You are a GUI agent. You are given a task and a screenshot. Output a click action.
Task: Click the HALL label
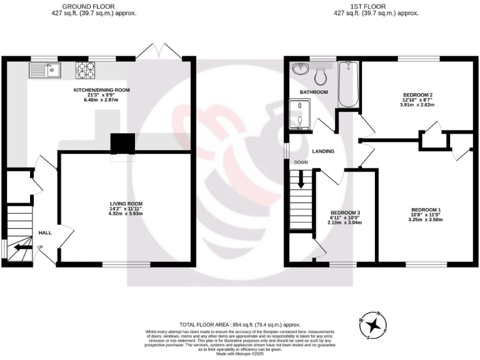45,232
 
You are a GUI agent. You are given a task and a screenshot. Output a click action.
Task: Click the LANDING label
323,151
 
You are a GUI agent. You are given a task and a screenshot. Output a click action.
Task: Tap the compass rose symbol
374,324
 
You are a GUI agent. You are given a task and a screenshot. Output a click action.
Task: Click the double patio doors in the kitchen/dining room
159,52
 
